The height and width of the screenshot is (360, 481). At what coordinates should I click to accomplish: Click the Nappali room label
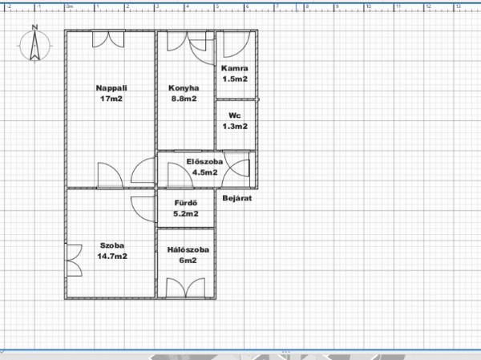(x=111, y=88)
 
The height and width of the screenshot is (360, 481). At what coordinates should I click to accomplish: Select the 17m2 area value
(x=111, y=99)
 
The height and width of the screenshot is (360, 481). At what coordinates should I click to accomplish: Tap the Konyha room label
(x=184, y=88)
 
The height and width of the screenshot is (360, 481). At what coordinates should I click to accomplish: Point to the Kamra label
(x=235, y=68)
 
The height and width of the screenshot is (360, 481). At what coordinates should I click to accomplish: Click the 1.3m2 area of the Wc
(x=235, y=126)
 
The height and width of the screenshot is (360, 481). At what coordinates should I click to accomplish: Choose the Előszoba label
(x=204, y=161)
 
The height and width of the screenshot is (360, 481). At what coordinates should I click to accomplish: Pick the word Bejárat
(x=237, y=198)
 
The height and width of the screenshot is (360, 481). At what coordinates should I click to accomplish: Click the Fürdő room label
(x=186, y=203)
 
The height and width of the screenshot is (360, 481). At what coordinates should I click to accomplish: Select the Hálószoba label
(x=188, y=249)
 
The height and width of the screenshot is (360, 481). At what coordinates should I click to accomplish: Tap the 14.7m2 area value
(x=112, y=256)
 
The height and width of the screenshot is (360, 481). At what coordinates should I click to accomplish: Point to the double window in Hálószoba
(x=186, y=288)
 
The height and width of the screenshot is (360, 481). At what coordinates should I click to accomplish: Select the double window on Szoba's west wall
(x=75, y=261)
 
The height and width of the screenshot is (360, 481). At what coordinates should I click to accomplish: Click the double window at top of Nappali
(x=108, y=39)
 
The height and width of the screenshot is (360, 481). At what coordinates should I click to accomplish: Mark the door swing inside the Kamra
(x=236, y=45)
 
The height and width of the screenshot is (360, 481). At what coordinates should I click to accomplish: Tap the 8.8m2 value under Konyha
(x=184, y=99)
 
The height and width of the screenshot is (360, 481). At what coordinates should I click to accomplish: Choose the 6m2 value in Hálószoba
(x=188, y=261)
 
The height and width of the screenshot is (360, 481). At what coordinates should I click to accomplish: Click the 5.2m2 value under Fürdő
(x=186, y=213)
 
